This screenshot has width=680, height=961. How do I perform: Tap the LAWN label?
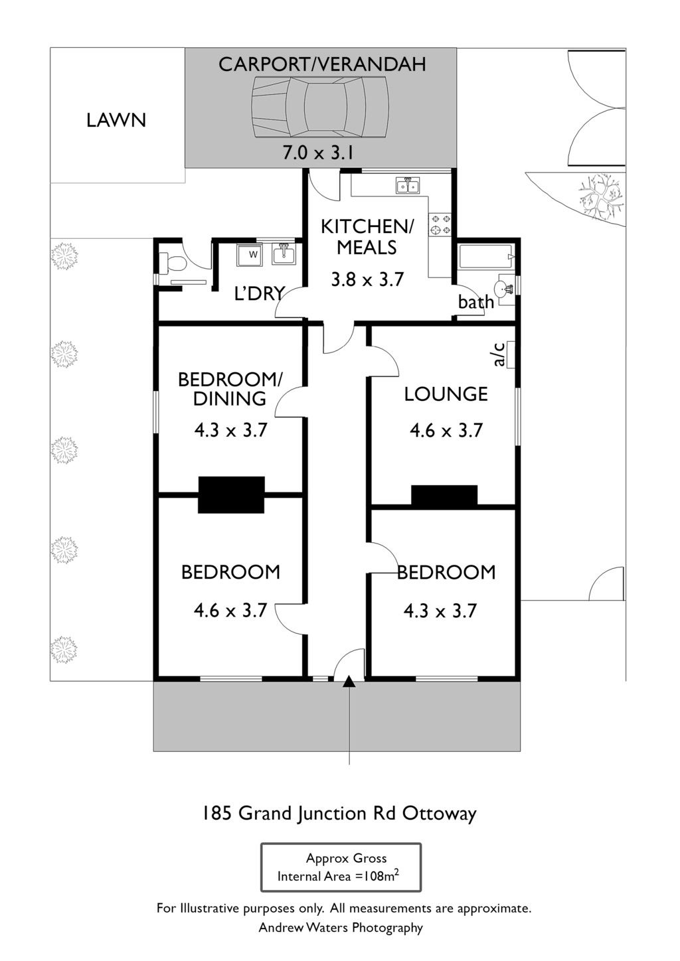coord(116,120)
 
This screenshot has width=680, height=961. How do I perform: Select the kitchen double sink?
coord(408,186)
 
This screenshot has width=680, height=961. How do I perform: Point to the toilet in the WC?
coord(172,263)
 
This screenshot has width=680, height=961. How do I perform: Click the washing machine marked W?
coord(249,255)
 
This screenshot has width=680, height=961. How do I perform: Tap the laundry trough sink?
coord(284,254)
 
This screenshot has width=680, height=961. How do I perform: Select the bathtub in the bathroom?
coord(486,256)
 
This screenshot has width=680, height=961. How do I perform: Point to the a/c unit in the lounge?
coord(511,354)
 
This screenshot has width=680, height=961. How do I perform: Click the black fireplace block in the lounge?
coord(444,495)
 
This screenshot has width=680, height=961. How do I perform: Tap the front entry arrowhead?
coord(349,682)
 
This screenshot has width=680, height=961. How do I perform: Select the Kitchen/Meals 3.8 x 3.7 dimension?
coord(367,279)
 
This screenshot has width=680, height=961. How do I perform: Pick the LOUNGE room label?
coord(446,394)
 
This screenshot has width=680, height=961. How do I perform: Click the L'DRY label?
coord(259,293)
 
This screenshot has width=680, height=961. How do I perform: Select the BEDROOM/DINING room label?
coord(230,389)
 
